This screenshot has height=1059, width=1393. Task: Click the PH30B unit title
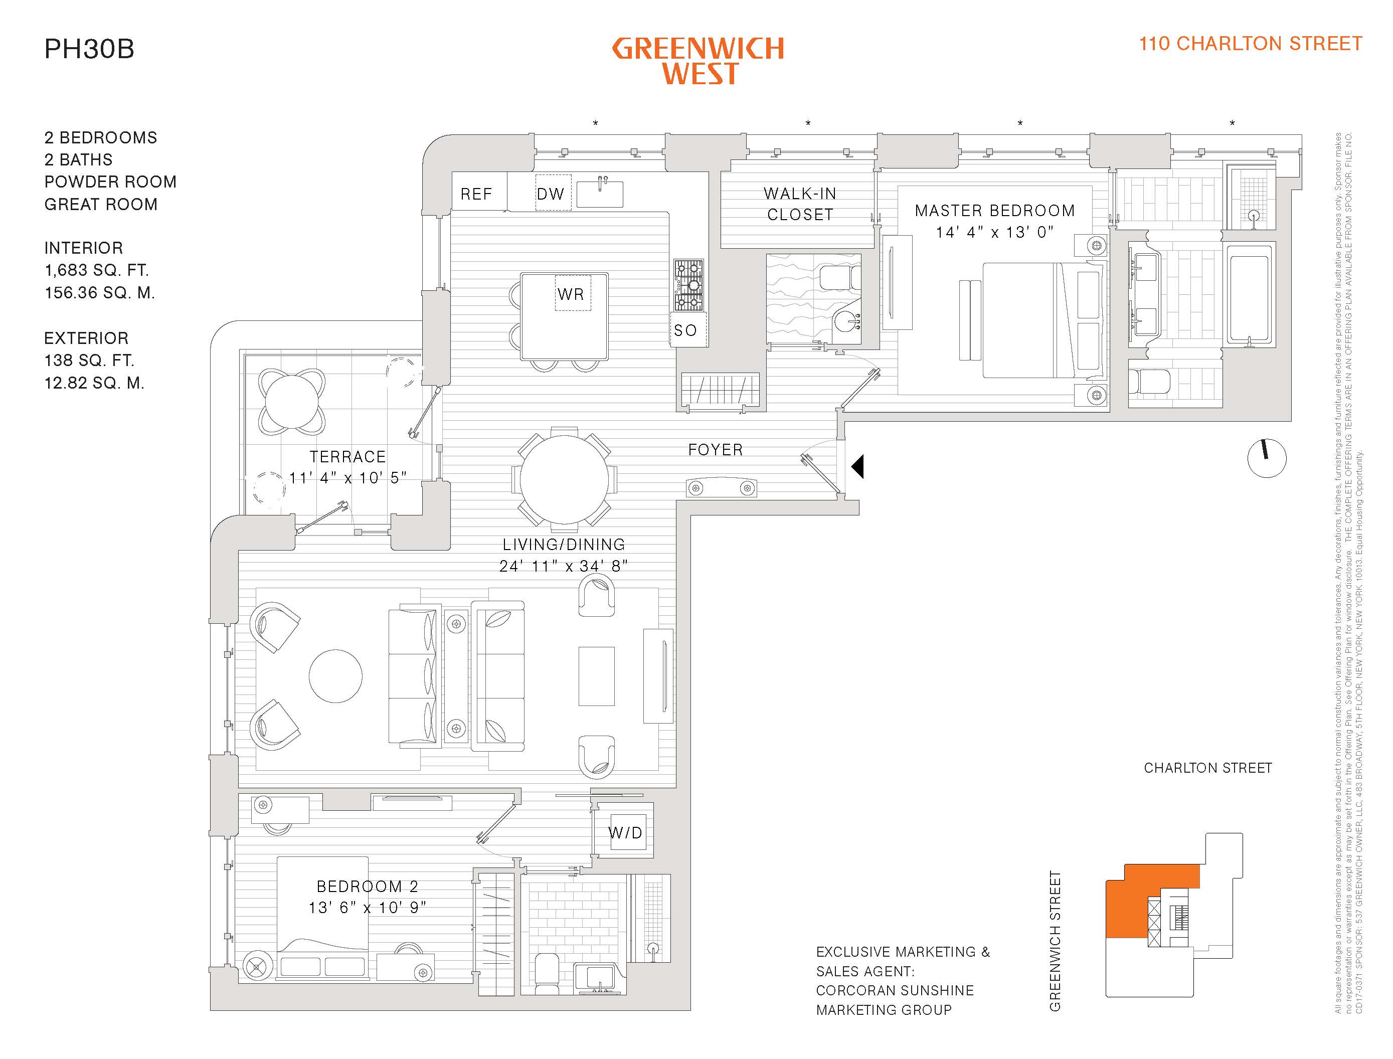[x=89, y=49]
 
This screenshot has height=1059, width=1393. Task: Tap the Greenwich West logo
[x=698, y=61]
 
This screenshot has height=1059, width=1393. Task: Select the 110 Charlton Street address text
[x=1250, y=44]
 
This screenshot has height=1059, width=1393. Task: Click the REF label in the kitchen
[x=476, y=194]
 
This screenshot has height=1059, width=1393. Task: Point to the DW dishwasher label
[x=550, y=194]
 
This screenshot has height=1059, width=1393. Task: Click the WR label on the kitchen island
[x=571, y=294]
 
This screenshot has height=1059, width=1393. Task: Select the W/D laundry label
[x=625, y=833]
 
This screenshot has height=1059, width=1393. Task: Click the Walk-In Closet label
[x=800, y=204]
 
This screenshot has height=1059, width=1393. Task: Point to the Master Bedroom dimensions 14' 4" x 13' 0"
[x=995, y=232]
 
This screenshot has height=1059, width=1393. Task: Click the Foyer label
[x=716, y=449]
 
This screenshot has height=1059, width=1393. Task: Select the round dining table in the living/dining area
[x=564, y=479]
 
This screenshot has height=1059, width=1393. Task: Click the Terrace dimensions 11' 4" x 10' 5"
[x=347, y=478]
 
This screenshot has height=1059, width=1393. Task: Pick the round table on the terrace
[x=292, y=402]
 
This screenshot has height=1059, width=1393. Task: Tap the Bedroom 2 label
[x=368, y=887]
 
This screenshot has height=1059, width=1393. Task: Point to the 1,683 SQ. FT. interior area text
[x=96, y=270]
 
